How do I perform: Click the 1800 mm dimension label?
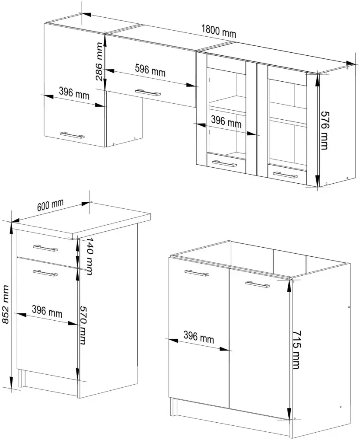click(x=219, y=31)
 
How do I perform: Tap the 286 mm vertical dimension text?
click(x=99, y=61)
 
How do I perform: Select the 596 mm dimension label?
click(x=150, y=70)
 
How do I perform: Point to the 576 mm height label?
click(x=325, y=130)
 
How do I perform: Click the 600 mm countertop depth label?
click(x=51, y=205)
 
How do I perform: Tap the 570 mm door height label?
click(x=83, y=325)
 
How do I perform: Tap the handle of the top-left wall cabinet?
click(x=72, y=135)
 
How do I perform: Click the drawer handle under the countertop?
click(x=45, y=248)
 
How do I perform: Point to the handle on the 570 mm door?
click(x=45, y=272)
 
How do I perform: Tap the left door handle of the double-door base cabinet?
click(x=197, y=273)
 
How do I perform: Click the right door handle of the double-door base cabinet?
click(x=258, y=284)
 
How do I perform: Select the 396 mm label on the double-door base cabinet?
click(x=199, y=337)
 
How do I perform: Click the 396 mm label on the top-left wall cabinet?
click(x=74, y=93)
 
